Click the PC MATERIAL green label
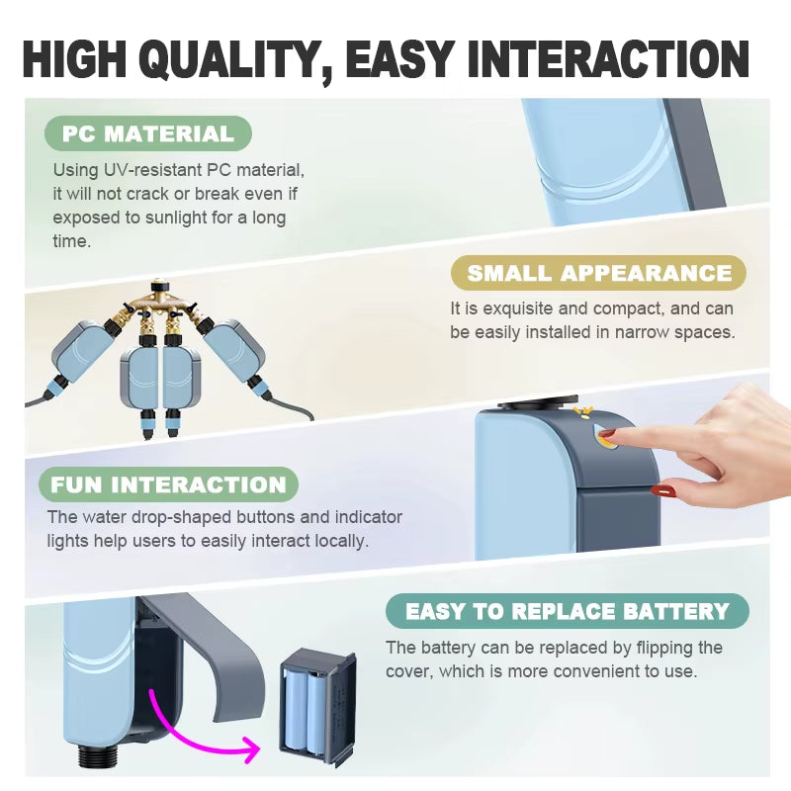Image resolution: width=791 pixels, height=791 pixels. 148,133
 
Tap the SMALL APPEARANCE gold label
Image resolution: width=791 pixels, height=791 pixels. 599,273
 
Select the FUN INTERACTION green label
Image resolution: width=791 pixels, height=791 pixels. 168,484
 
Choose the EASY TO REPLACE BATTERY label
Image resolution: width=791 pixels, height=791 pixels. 567,611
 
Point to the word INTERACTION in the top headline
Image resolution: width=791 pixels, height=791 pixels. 607,59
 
